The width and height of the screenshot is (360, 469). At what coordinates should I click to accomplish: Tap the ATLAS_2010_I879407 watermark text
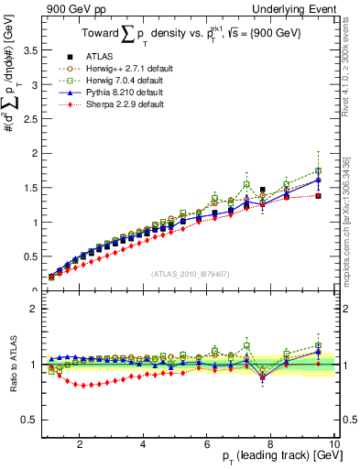pos(189,273)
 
